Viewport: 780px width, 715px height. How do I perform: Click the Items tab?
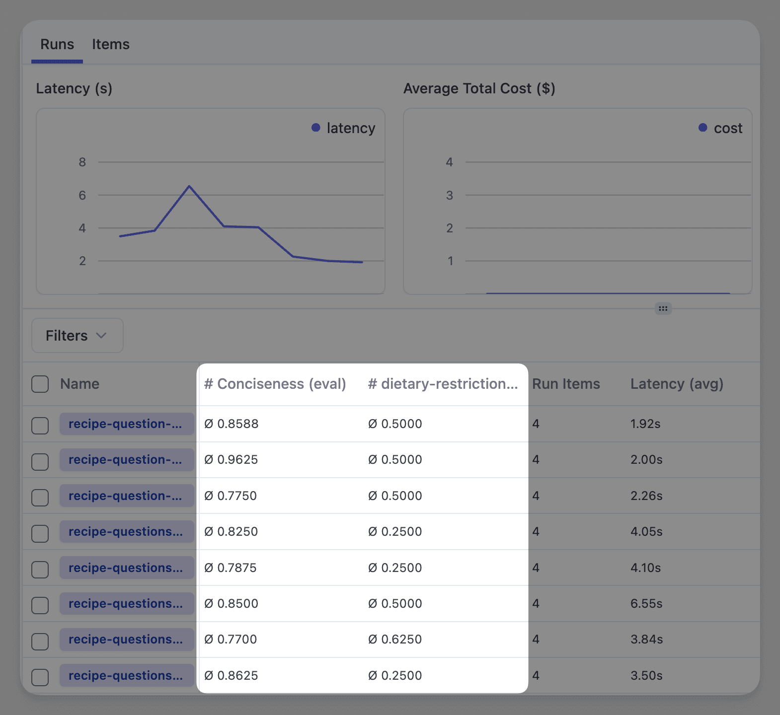(x=110, y=45)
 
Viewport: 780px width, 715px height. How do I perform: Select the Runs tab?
(x=57, y=45)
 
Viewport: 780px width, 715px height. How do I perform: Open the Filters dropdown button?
(x=77, y=336)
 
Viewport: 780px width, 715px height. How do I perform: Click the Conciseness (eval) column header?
(x=275, y=384)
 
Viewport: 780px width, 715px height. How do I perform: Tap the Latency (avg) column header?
(x=677, y=384)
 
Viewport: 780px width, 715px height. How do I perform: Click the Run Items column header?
(x=566, y=384)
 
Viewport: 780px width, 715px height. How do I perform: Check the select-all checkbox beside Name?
(x=40, y=384)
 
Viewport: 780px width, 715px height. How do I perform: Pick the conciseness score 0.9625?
(x=232, y=460)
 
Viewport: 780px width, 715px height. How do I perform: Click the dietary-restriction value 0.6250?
(x=395, y=640)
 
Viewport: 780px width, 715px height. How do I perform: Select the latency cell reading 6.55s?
(x=646, y=604)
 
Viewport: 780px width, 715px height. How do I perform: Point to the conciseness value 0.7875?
(x=231, y=568)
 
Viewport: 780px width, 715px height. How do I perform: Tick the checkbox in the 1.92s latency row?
(x=40, y=426)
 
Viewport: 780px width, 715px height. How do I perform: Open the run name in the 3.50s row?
(x=126, y=676)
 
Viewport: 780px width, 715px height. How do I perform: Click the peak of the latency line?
(x=189, y=186)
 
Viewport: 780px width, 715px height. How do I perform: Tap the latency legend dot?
(x=316, y=128)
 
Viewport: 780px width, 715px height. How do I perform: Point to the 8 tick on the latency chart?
(x=82, y=162)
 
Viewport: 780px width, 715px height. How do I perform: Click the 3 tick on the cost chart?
(x=450, y=196)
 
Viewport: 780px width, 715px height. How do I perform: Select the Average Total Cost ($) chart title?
(x=479, y=88)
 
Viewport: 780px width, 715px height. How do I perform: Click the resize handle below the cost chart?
(x=663, y=308)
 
